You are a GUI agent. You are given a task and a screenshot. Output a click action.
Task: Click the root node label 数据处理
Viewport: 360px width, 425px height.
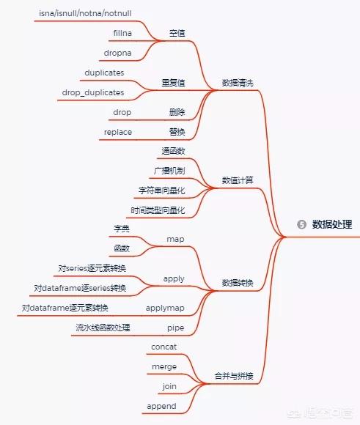tap(332, 224)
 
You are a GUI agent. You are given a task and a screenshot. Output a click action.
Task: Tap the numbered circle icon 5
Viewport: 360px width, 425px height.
tap(301, 224)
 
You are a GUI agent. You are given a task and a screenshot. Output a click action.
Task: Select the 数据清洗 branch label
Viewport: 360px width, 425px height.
tap(238, 83)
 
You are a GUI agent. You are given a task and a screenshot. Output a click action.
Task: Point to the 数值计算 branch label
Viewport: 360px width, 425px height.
tap(238, 180)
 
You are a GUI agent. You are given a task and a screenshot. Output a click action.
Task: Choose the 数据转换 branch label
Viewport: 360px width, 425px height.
tap(238, 283)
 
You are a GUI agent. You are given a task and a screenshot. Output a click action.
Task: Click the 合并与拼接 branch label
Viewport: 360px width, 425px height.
tap(234, 376)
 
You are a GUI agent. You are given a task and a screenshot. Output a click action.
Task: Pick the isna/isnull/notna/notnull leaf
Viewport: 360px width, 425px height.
tap(85, 13)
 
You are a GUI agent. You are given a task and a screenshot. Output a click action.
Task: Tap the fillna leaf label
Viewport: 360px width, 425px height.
tap(122, 33)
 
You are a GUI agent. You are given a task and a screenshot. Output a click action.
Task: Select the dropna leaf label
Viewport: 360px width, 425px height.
tap(118, 53)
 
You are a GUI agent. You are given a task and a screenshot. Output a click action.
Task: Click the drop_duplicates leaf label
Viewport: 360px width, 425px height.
tap(93, 92)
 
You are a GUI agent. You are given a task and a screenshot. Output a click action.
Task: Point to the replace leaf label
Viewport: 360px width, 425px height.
tap(118, 133)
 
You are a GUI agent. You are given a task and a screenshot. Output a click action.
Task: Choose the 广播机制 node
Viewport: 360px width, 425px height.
tap(169, 171)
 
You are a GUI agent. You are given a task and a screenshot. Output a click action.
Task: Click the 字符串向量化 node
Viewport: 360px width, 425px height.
tap(162, 191)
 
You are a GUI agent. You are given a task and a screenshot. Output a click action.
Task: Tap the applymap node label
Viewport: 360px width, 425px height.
tap(165, 308)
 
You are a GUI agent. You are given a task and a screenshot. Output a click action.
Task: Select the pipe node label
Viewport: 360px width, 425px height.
tap(175, 328)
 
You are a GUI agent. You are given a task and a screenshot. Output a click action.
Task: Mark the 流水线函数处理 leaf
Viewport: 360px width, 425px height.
tap(103, 328)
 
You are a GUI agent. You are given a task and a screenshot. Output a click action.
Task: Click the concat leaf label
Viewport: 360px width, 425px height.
tap(164, 347)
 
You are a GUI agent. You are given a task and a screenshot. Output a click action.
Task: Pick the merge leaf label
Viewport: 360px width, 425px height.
tap(164, 366)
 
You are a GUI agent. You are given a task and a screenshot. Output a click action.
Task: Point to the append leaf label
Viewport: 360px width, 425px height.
tap(161, 406)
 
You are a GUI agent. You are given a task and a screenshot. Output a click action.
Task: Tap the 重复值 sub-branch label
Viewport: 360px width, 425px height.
tap(173, 83)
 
